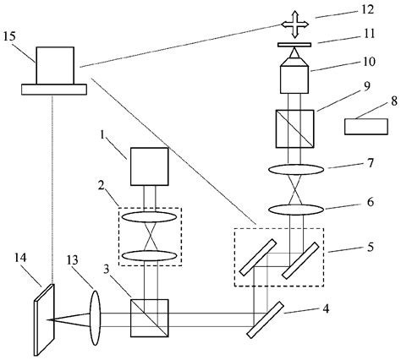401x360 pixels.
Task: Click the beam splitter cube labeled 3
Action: pyautogui.click(x=150, y=317)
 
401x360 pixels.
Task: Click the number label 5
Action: pyautogui.click(x=346, y=249)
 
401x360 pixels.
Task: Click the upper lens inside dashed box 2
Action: pyautogui.click(x=150, y=216)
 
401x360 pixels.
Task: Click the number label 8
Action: pyautogui.click(x=376, y=100)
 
